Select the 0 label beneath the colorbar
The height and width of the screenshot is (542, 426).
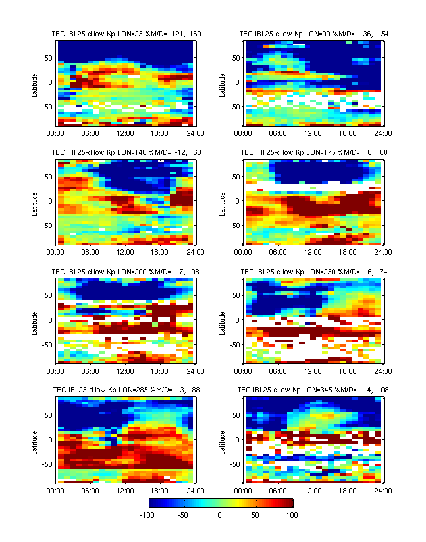pyautogui.click(x=220, y=514)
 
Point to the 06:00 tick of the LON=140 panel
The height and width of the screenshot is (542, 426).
pyautogui.click(x=90, y=252)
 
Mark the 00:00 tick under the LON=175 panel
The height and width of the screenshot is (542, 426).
pyautogui.click(x=244, y=252)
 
